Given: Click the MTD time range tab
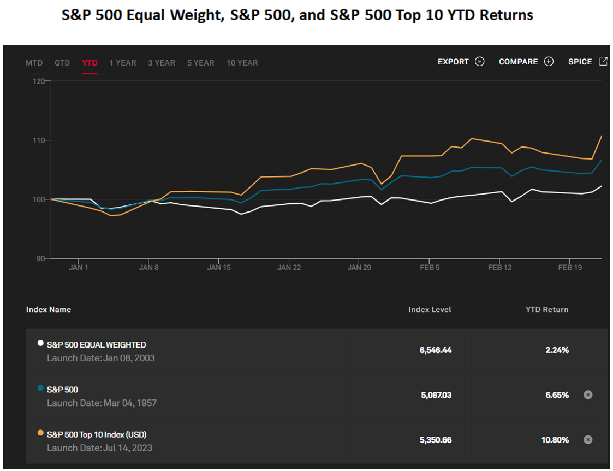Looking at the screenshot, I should (x=34, y=63).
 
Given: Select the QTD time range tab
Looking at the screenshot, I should (x=62, y=63).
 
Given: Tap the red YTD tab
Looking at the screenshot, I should (x=90, y=63).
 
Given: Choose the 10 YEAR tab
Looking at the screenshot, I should (x=242, y=63).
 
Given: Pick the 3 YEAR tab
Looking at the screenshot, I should (x=162, y=63).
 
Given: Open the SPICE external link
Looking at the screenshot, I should (x=587, y=62).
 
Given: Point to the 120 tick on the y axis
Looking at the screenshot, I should (x=39, y=81).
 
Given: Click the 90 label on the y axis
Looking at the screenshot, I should (x=40, y=258).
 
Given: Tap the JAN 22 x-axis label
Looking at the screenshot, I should (x=289, y=268).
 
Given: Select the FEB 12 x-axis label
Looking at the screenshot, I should (x=499, y=268).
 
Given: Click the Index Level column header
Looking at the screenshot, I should (x=430, y=310).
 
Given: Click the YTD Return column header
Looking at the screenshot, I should (x=546, y=310).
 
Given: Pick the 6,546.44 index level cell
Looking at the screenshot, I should (x=435, y=350).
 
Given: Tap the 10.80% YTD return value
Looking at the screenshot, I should (x=555, y=440).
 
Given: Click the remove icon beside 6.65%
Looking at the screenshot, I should (x=588, y=395).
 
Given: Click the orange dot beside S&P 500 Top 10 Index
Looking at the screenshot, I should (x=40, y=433).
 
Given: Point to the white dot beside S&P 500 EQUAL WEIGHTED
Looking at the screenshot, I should (x=40, y=343).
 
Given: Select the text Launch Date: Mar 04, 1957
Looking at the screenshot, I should (x=102, y=403).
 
